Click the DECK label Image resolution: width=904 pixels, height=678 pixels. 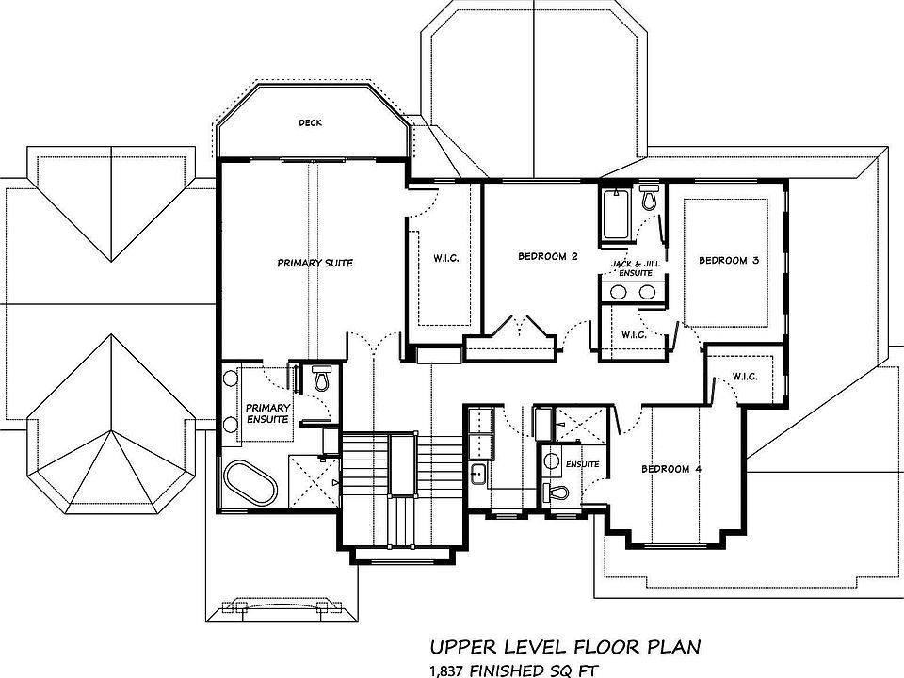310,122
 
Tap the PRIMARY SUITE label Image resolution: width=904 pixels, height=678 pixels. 315,263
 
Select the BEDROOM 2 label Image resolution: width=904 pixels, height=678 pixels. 548,256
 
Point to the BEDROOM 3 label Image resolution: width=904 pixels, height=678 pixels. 729,261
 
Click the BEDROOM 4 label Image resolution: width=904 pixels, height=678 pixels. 671,469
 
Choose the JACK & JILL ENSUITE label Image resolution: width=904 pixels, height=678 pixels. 636,268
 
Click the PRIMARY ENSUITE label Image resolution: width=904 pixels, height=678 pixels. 267,413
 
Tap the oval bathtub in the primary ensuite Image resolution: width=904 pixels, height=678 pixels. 250,481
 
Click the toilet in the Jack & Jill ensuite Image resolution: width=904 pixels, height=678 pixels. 650,198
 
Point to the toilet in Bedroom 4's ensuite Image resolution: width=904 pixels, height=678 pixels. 557,492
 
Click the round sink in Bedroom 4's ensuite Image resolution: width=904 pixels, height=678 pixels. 553,460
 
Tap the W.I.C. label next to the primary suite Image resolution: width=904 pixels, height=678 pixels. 446,258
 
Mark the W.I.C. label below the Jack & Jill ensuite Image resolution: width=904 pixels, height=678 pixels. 634,335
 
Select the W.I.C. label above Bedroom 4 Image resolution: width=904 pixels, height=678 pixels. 745,377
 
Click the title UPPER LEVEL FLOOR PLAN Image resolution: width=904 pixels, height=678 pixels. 566,647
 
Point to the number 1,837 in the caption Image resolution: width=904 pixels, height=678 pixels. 447,670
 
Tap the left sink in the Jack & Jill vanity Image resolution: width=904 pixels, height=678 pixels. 619,292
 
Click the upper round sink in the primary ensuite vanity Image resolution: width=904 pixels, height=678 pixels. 231,379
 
